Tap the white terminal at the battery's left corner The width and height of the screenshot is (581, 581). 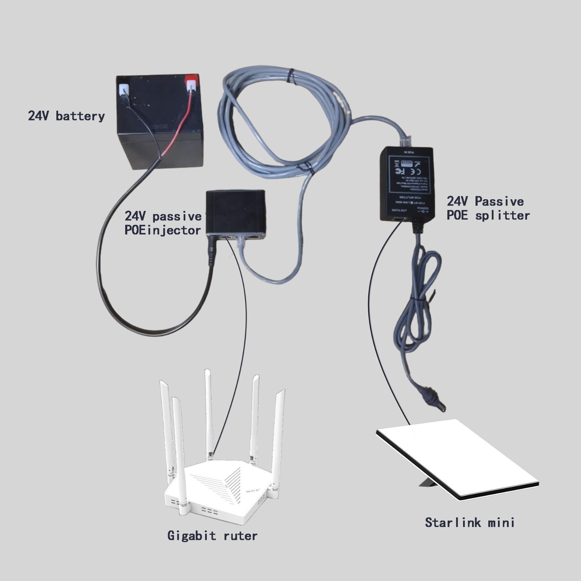124,89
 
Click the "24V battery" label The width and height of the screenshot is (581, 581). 66,116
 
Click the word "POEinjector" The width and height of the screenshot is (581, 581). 162,230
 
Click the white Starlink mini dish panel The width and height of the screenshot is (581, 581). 458,458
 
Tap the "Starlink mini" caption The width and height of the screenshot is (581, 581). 470,523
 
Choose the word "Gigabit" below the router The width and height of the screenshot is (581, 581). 191,536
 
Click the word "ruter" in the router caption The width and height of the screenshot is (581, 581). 240,536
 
